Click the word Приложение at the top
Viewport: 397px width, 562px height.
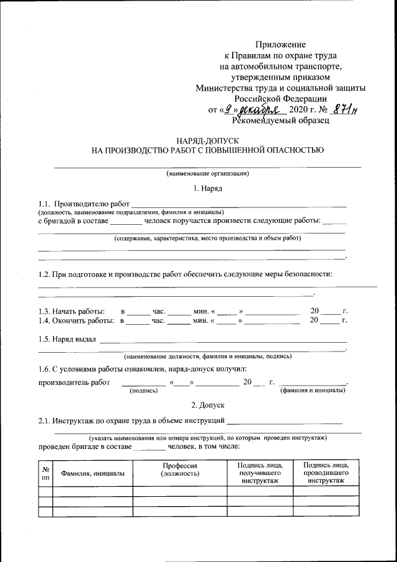(280, 44)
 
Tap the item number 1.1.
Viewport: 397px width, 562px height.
(45, 204)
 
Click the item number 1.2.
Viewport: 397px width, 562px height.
(45, 274)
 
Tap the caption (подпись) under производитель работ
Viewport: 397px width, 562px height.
(143, 391)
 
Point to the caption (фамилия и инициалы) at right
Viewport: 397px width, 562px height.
(313, 391)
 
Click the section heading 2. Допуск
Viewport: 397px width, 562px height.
(208, 405)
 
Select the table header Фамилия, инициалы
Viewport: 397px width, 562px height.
(92, 473)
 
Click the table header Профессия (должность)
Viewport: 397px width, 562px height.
(180, 469)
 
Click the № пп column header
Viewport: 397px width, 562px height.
(45, 473)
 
